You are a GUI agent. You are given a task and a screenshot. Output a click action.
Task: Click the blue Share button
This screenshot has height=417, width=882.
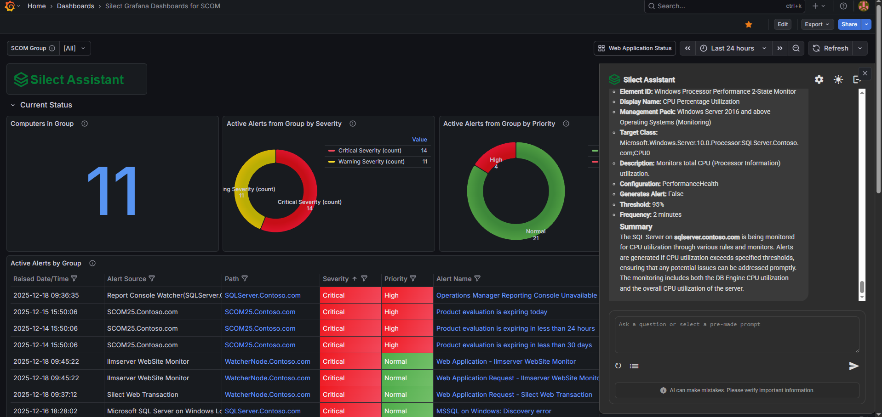849,24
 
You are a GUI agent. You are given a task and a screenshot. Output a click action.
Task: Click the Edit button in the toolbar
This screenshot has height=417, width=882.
783,24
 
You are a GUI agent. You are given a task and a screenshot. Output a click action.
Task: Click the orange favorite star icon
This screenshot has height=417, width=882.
749,24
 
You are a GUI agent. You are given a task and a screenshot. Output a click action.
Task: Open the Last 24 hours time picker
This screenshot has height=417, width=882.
733,48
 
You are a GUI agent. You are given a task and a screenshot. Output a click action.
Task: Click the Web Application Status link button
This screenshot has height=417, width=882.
635,48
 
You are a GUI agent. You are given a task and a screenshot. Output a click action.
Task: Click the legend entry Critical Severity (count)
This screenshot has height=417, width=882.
370,151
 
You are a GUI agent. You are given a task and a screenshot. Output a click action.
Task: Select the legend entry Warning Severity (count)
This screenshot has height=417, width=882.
371,162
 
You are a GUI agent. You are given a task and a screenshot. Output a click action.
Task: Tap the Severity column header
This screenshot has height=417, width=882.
336,279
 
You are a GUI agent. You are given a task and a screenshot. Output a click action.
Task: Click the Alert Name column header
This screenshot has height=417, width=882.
454,279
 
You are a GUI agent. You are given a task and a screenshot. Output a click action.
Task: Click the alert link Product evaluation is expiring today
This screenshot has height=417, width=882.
492,312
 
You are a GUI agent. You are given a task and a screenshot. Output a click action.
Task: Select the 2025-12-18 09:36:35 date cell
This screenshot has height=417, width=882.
46,295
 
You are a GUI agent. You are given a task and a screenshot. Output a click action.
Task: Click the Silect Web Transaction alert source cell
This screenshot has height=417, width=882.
143,394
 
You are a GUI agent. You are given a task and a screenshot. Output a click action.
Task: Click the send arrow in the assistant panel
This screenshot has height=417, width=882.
853,366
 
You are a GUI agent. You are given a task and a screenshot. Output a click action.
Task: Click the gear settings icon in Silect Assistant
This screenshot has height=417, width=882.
819,79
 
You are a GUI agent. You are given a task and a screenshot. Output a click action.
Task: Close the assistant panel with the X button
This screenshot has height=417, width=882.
865,73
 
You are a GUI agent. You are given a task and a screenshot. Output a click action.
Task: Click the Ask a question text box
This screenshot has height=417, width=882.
737,334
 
